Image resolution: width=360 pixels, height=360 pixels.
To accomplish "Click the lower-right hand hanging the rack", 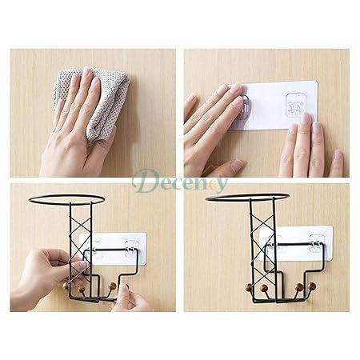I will (x=136, y=300).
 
